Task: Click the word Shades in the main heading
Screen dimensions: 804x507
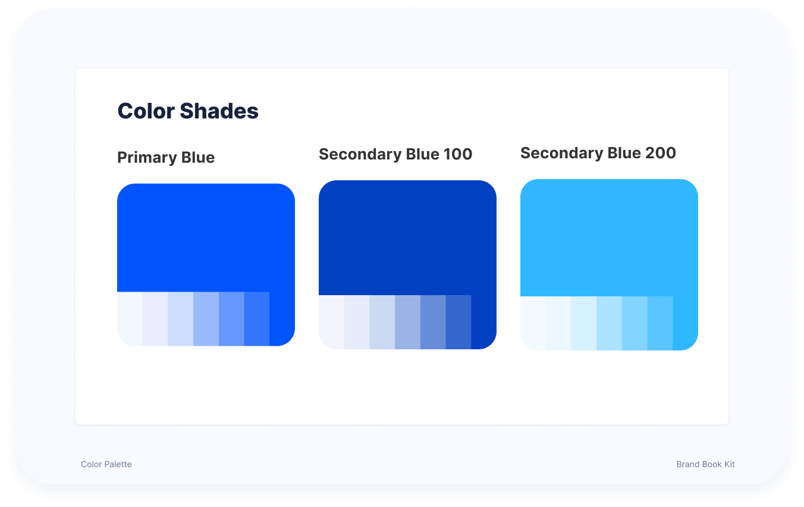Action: click(x=219, y=111)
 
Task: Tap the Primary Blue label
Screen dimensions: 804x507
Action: click(x=166, y=157)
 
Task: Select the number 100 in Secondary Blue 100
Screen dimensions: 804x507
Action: click(x=458, y=154)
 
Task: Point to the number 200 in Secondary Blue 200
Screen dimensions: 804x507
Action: click(x=661, y=153)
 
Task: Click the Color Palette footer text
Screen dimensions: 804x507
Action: click(x=106, y=464)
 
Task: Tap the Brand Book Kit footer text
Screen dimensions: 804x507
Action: click(x=706, y=464)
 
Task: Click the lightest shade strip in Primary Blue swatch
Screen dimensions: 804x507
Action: click(x=130, y=319)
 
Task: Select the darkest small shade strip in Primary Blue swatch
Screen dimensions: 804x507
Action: click(x=257, y=319)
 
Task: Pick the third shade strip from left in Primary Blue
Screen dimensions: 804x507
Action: click(x=181, y=319)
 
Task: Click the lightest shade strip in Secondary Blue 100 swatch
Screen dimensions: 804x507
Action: click(x=332, y=322)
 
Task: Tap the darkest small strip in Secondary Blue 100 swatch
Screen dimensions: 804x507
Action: click(x=458, y=322)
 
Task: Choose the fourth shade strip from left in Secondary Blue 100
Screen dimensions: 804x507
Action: click(x=408, y=322)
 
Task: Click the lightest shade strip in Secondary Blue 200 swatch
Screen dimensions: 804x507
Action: click(x=533, y=323)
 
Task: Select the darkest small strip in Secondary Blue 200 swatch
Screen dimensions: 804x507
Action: click(x=660, y=323)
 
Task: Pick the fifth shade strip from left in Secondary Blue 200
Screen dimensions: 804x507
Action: click(x=635, y=323)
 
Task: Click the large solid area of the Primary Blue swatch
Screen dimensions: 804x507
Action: click(x=206, y=237)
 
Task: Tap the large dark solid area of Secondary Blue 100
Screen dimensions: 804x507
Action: click(x=408, y=237)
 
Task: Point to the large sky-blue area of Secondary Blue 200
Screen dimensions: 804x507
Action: click(x=609, y=237)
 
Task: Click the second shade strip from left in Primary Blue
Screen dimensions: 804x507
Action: click(x=155, y=319)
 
